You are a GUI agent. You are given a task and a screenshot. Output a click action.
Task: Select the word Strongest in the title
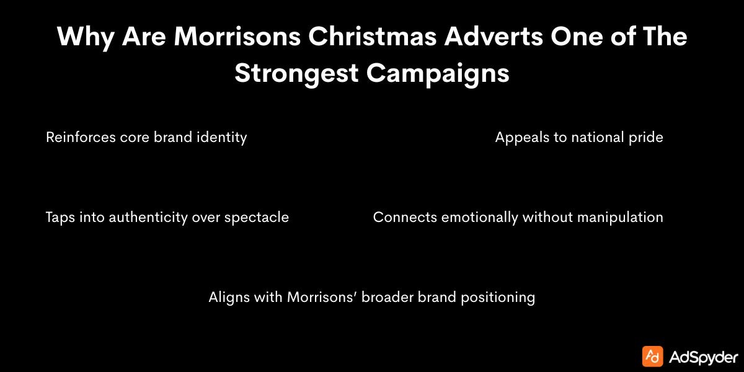click(x=296, y=73)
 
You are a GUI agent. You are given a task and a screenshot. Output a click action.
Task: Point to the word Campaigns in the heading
click(x=437, y=73)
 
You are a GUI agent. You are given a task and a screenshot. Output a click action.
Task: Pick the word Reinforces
click(x=79, y=137)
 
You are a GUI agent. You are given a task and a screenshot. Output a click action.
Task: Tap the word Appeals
click(x=521, y=137)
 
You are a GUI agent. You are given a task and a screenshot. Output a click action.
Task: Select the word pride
click(x=647, y=137)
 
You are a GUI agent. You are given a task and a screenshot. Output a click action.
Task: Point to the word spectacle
click(x=257, y=218)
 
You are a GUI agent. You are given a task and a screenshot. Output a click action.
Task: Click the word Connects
click(x=404, y=218)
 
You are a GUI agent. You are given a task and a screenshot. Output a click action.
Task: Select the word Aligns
click(x=228, y=297)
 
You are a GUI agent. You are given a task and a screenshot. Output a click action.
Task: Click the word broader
click(x=387, y=297)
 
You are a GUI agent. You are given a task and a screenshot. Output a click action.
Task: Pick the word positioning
click(x=498, y=297)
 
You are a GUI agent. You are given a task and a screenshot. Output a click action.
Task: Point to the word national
click(x=598, y=137)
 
